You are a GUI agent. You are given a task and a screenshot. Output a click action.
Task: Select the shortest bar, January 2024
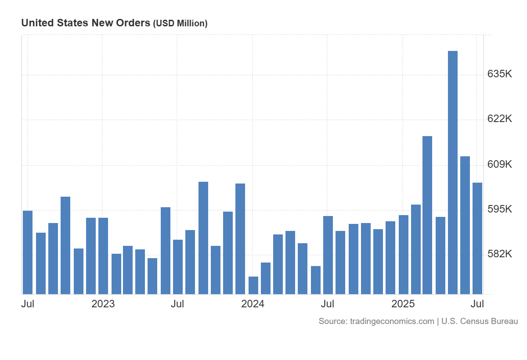click(253, 285)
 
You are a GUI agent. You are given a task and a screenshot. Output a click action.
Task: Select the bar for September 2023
click(203, 238)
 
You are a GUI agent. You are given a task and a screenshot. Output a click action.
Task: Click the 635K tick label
click(500, 74)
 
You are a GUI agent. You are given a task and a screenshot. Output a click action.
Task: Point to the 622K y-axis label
click(500, 119)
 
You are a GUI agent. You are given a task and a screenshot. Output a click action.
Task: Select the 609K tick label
click(500, 164)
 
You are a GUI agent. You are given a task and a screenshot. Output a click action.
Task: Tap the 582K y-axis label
click(500, 254)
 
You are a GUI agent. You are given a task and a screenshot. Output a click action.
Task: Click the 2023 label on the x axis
click(103, 304)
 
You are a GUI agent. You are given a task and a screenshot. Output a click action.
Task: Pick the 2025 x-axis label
click(403, 304)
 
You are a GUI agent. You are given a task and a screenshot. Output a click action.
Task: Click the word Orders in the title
click(134, 23)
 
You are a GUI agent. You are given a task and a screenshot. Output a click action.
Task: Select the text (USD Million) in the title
click(180, 24)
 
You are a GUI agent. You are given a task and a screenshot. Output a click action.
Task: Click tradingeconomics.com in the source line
click(392, 321)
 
